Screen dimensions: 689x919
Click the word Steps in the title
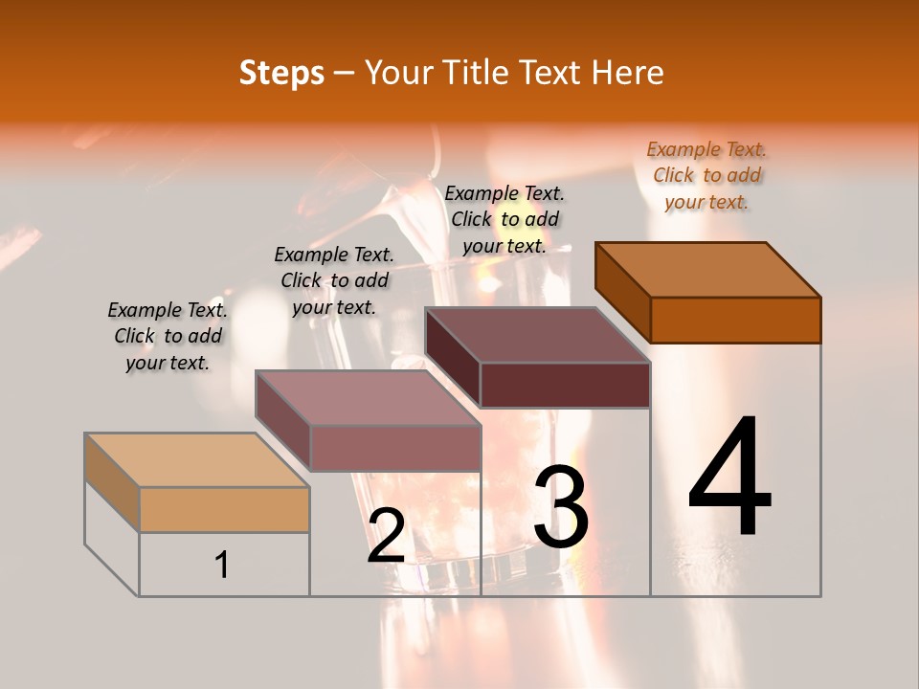281,73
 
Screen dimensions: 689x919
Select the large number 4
729,478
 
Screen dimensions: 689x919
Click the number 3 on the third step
561,507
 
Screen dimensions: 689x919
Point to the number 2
386,536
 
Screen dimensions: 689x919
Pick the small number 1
222,565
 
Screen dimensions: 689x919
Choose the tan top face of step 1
197,460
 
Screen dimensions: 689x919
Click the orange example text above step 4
706,176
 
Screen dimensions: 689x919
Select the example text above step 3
504,219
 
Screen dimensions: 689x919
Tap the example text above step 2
334,280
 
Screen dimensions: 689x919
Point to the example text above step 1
168,336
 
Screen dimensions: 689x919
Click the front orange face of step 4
735,320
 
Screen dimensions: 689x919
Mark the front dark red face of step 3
565,385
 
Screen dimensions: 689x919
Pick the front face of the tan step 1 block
224,509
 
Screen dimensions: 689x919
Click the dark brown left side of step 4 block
622,292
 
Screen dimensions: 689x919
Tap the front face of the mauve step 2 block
394,448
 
